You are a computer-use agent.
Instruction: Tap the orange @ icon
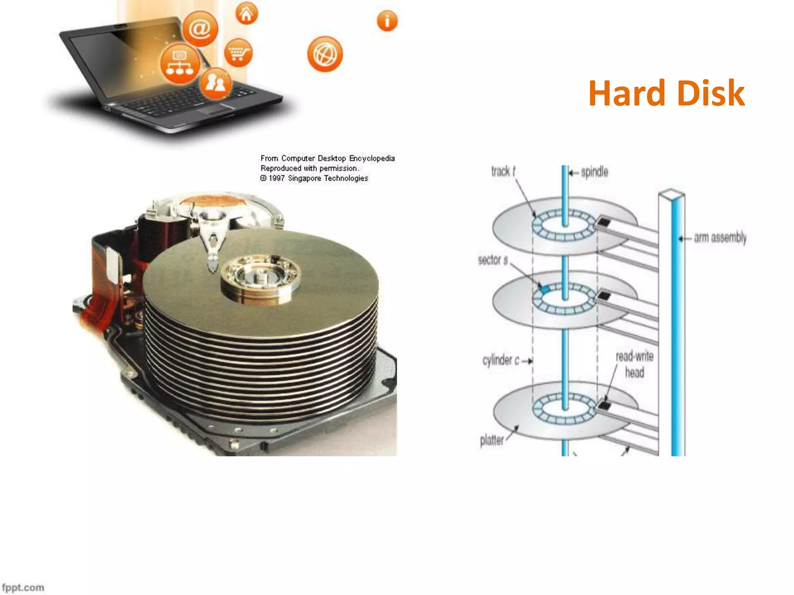[200, 29]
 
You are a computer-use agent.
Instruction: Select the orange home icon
[247, 14]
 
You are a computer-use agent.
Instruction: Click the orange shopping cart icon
[238, 53]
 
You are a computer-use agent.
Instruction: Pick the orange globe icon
[325, 54]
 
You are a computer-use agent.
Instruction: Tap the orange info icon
[387, 21]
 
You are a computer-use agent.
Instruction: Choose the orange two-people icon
[216, 83]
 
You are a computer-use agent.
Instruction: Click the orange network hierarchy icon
[180, 64]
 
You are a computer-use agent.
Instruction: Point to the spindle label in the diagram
[594, 172]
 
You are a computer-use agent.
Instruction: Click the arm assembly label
[720, 238]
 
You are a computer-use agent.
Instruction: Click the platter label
[492, 440]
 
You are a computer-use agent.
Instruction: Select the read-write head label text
[635, 365]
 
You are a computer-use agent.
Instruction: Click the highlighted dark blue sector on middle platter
[545, 289]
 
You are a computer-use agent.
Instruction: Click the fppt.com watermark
[23, 588]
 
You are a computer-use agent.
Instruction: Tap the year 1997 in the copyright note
[276, 178]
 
